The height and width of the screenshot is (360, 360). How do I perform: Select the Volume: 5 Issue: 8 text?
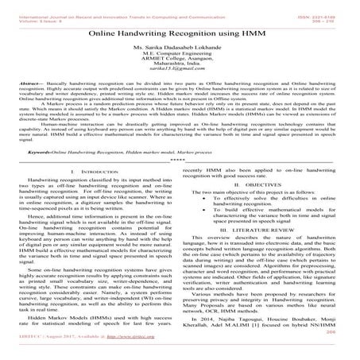pos(34,12)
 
